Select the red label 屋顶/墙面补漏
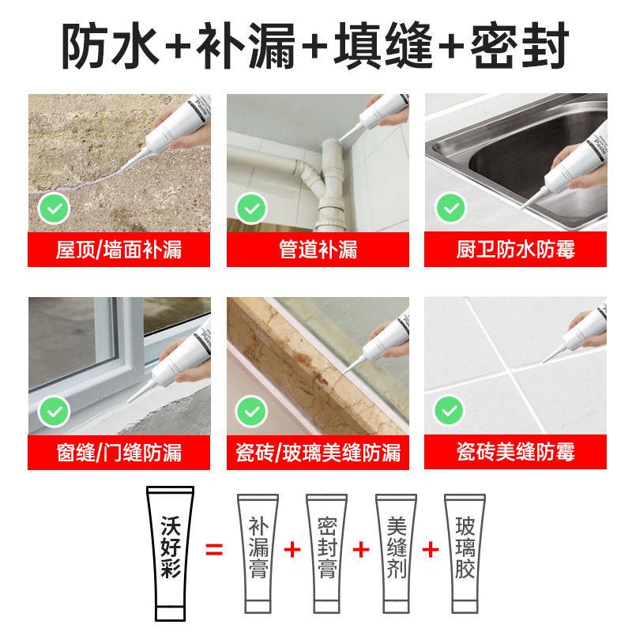pos(118,250)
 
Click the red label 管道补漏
pos(318,250)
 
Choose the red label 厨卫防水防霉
pos(515,250)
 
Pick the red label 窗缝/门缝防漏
pos(118,453)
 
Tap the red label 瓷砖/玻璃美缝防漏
pos(318,453)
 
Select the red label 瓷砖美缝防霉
pos(515,453)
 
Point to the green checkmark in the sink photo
pos(451,209)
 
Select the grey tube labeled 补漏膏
pos(258,553)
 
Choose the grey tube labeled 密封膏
pos(326,553)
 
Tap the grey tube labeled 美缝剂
pos(396,553)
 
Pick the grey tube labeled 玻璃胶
pos(465,553)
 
